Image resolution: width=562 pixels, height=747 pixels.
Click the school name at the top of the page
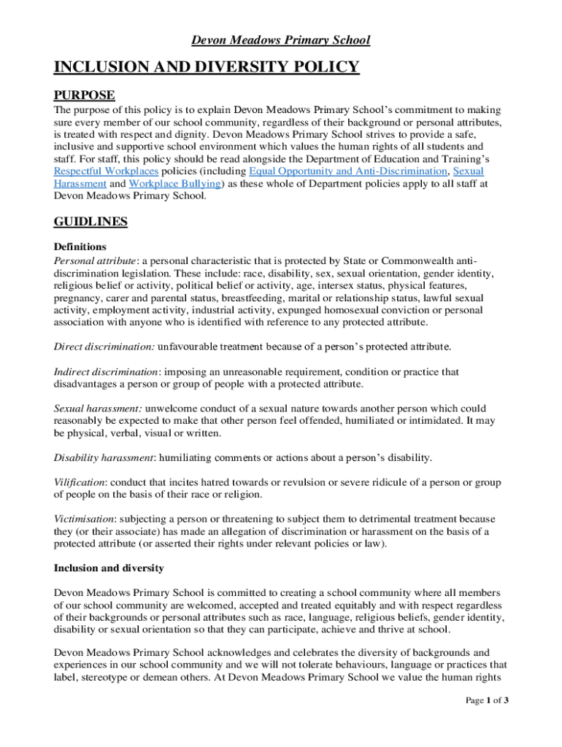click(x=281, y=40)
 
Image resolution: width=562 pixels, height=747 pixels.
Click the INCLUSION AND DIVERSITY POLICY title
click(x=207, y=68)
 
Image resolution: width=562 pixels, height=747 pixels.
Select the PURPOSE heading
click(x=84, y=96)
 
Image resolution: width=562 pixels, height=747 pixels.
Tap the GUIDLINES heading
click(x=91, y=222)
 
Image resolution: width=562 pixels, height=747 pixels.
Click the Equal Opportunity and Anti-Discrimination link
click(x=348, y=171)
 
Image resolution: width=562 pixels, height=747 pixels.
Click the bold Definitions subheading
click(x=80, y=247)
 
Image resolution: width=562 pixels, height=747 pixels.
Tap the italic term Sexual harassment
click(x=97, y=409)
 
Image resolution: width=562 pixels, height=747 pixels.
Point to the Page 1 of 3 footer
click(x=488, y=701)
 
